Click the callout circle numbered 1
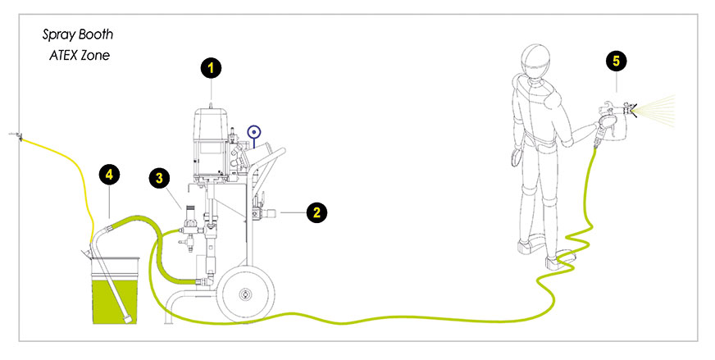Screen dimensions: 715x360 tap(211, 68)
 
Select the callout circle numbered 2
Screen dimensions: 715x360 tap(317, 212)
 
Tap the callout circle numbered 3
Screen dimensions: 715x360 tap(159, 178)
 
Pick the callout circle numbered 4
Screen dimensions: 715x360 tap(109, 175)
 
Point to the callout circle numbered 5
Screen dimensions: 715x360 tap(616, 61)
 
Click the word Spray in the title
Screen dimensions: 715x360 tap(59, 35)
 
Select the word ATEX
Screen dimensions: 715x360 tap(63, 55)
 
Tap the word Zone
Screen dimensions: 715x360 tap(95, 55)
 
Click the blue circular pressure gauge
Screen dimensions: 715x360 tap(254, 132)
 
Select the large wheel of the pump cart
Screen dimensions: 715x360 tap(245, 294)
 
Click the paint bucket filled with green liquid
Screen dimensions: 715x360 tap(115, 291)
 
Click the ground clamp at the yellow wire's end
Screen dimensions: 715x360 tap(16, 135)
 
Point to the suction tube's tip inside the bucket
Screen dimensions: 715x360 tap(128, 319)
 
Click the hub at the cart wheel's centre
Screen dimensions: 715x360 tap(245, 294)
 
